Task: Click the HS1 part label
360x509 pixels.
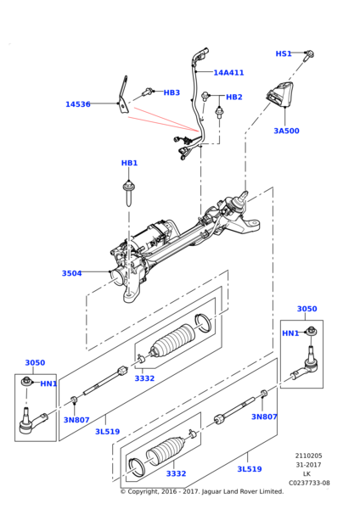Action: click(x=284, y=53)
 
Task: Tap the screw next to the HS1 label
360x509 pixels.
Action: click(x=310, y=54)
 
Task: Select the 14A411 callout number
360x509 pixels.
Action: click(x=228, y=73)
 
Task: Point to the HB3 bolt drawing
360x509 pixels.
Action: click(x=150, y=91)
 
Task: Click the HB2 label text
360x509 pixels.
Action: click(x=233, y=97)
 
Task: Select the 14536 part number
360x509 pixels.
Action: click(x=82, y=104)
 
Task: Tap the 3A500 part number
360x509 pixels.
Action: click(x=287, y=131)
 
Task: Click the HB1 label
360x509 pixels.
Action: click(x=129, y=163)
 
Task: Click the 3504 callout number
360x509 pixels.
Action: click(x=72, y=273)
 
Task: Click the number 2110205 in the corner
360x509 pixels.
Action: click(x=308, y=456)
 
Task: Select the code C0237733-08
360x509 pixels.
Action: click(x=309, y=484)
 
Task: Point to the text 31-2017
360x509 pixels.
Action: click(x=308, y=465)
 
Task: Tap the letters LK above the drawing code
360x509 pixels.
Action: click(x=308, y=474)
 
